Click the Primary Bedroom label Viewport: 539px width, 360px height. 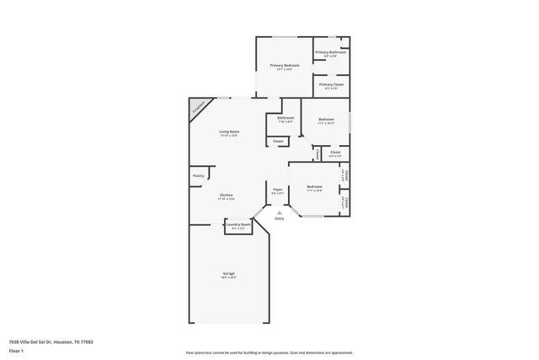coord(285,65)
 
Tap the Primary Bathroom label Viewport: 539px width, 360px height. coord(331,52)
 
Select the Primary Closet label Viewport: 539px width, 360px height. coord(331,84)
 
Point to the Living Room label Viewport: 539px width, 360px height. coord(229,132)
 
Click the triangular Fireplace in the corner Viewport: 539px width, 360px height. coord(198,108)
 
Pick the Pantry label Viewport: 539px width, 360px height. coord(199,175)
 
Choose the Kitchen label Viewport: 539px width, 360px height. coord(227,195)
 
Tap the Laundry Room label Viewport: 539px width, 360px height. coord(239,224)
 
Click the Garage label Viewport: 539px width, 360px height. coord(228,273)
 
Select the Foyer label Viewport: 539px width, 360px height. coord(277,190)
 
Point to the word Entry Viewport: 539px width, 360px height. coord(279,219)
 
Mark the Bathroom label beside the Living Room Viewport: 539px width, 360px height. coord(286,118)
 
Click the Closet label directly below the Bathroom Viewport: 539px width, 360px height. coord(278,141)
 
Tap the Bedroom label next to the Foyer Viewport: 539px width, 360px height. coord(314,186)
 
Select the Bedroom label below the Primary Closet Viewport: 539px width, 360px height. coord(326,120)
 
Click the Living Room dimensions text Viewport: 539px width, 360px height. coord(229,136)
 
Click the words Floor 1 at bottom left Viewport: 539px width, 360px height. coord(16,350)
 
